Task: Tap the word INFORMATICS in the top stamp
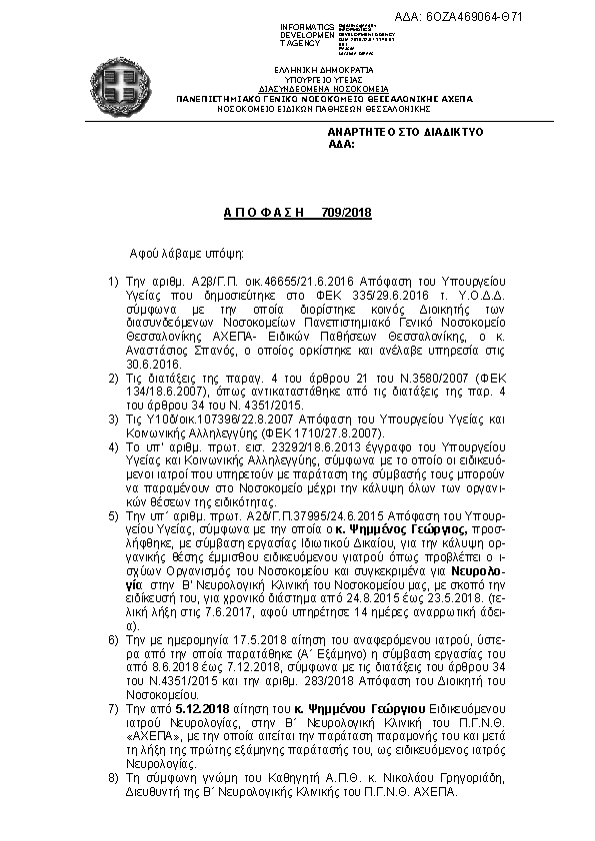point(306,25)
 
